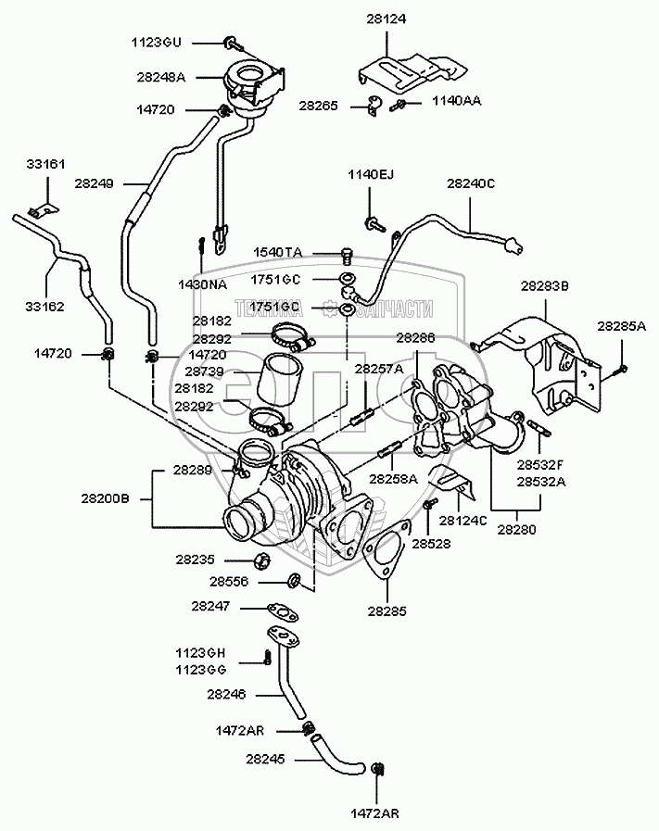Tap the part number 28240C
471,183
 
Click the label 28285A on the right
621,326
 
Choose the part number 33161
44,164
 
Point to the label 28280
516,529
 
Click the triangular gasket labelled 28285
382,555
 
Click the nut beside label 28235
261,560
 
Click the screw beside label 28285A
620,369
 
